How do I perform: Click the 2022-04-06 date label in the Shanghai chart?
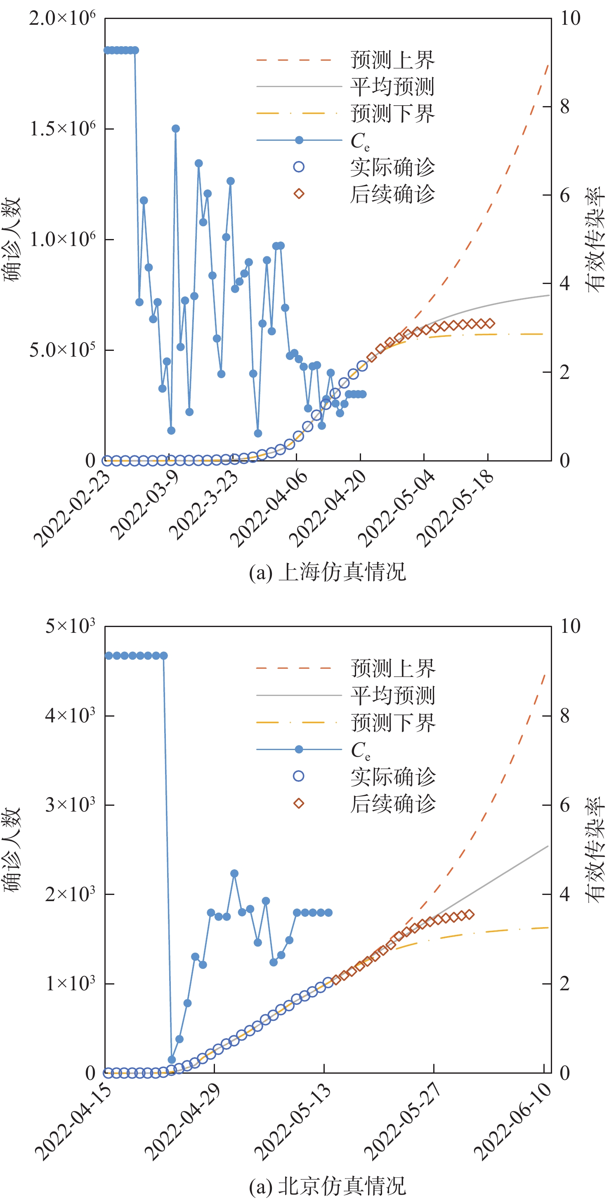(269, 508)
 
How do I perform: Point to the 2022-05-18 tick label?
(456, 508)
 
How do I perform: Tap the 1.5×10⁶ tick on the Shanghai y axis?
(62, 128)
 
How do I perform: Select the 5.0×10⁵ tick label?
(62, 349)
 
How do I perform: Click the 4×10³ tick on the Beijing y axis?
(70, 715)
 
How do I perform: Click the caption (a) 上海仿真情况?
(327, 572)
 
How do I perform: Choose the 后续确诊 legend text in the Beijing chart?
(393, 804)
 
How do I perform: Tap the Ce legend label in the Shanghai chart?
(360, 141)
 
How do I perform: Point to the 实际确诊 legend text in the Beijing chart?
(393, 776)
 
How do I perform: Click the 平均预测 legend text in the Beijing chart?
(393, 695)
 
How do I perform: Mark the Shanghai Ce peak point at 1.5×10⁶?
(175, 128)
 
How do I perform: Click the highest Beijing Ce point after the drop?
(234, 873)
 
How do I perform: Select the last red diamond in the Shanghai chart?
(490, 323)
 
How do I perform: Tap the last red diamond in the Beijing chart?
(469, 914)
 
